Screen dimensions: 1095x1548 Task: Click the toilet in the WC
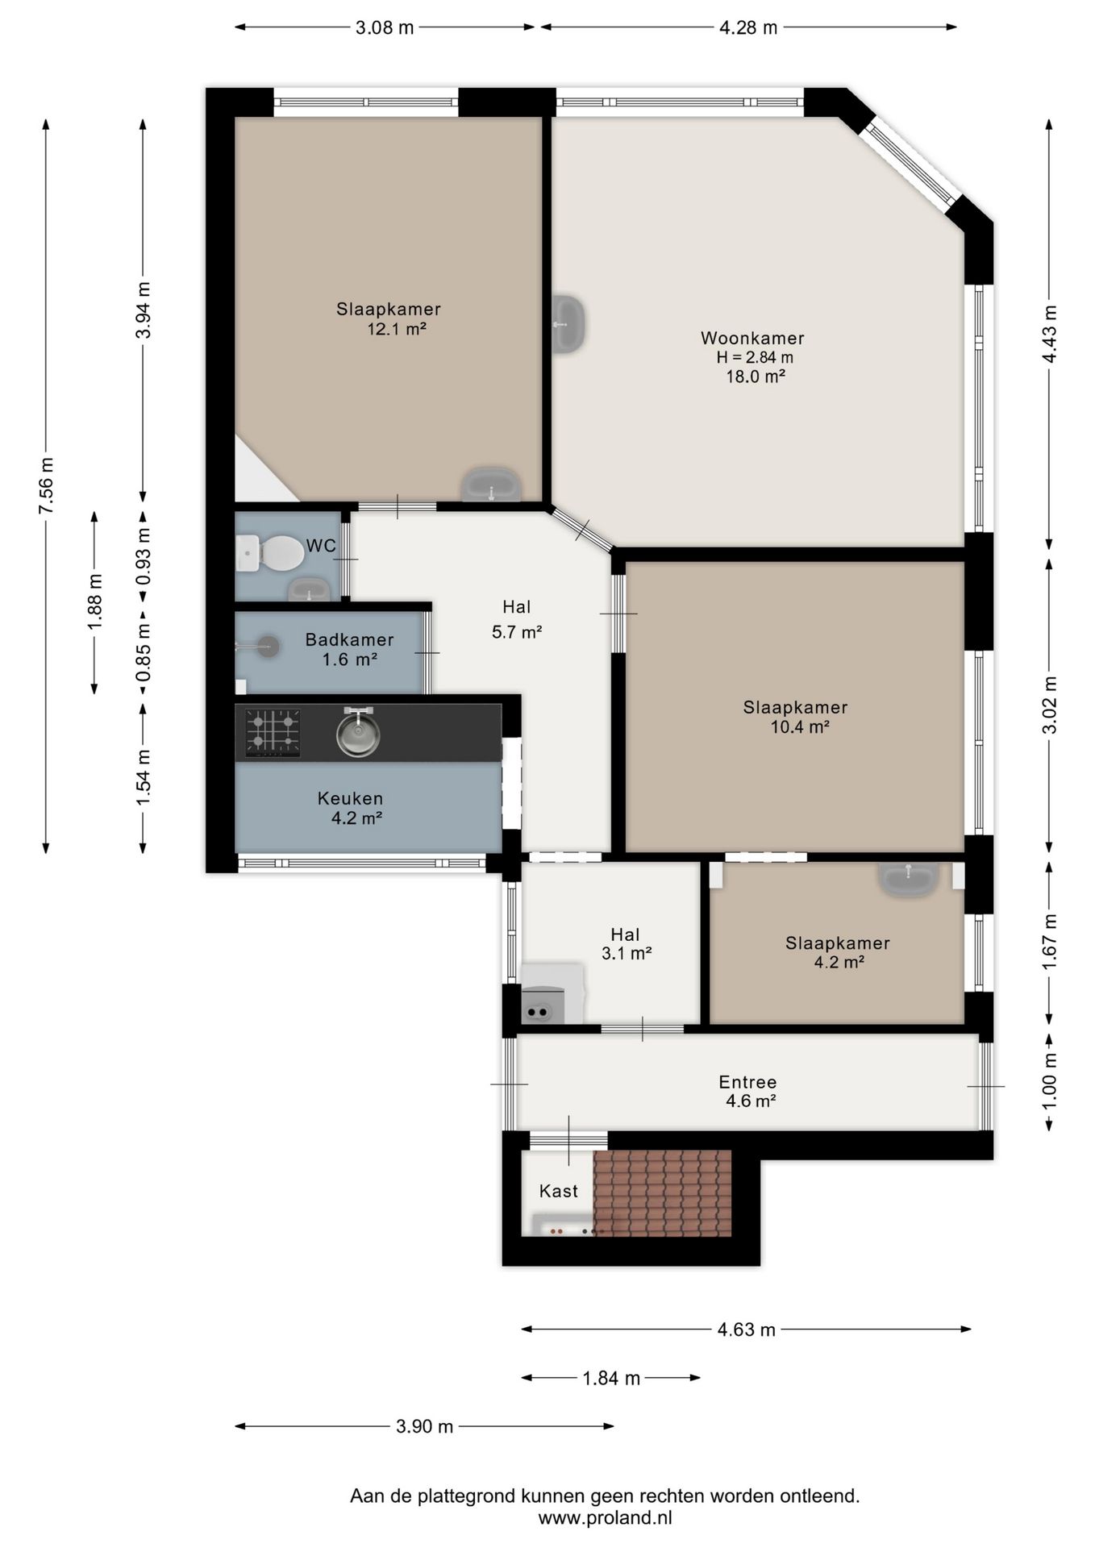(271, 553)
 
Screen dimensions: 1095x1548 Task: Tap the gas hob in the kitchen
(273, 733)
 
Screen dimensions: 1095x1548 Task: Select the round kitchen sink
(358, 733)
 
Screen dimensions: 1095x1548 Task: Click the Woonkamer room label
(752, 339)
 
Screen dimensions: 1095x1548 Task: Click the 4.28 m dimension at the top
(748, 27)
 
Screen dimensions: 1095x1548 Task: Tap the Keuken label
(350, 798)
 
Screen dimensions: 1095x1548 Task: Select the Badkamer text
(349, 639)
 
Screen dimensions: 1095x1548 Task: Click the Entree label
(747, 1082)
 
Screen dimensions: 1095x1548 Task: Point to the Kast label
(559, 1191)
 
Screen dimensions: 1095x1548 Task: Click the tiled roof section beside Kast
(662, 1193)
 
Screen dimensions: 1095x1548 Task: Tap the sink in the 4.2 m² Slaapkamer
(909, 879)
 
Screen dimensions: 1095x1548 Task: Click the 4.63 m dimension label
(747, 1330)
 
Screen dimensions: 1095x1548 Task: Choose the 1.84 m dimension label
(611, 1378)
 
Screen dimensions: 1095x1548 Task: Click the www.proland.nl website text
(605, 1517)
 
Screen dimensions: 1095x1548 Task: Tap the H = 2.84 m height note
(755, 357)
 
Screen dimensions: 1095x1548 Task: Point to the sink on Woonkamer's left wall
(568, 324)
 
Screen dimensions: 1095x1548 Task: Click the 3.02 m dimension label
(1050, 705)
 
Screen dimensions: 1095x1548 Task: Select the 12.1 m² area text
(396, 329)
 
